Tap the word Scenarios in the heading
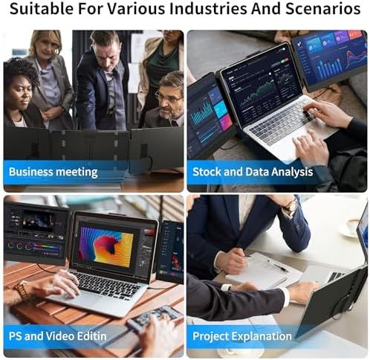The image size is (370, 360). pos(323,8)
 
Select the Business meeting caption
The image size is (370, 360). pos(53,172)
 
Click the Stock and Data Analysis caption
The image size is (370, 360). pos(253,172)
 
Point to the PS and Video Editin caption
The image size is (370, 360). pos(58,336)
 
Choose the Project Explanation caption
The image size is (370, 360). pos(242,336)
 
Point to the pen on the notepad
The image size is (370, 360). pos(278,266)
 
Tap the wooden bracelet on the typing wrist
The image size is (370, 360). pos(21,289)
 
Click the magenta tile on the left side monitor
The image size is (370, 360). pos(224,122)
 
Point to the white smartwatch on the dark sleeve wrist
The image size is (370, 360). pos(226,287)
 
